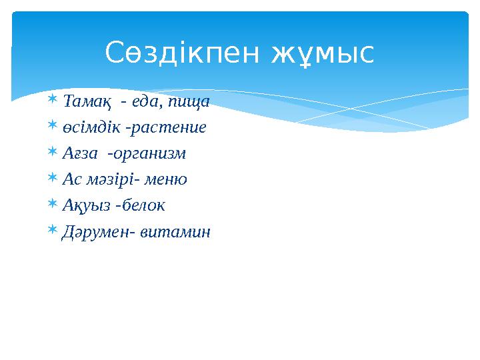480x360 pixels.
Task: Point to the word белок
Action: [x=143, y=205]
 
